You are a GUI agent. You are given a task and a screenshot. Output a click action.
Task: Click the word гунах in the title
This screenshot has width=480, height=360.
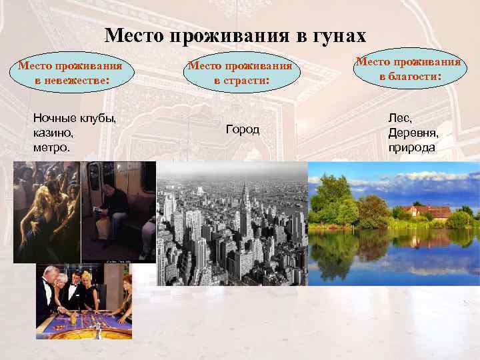click(336, 35)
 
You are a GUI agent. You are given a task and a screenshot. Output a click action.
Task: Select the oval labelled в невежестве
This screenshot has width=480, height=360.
click(70, 73)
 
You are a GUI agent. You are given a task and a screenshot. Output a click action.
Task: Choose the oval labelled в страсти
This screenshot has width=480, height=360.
click(240, 73)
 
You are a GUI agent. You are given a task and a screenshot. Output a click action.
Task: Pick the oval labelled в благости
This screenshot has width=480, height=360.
click(408, 69)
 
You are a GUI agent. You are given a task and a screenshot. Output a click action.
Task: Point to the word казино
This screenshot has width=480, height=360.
click(49, 133)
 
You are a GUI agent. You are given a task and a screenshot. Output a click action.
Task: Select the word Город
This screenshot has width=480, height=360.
click(243, 129)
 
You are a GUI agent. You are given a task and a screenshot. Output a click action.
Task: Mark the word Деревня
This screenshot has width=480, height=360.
click(413, 133)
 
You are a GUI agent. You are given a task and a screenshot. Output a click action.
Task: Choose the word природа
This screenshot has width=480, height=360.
click(412, 147)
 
